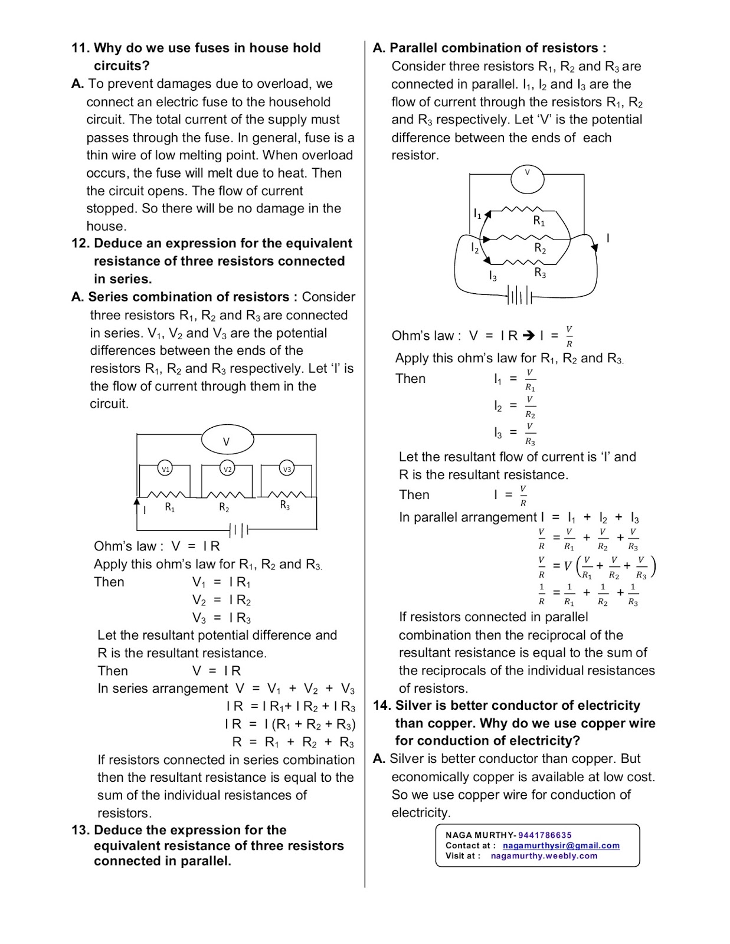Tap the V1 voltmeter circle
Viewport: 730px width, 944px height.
pos(166,469)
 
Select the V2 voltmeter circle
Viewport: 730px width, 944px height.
pos(228,469)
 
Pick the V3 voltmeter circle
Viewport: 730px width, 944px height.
pos(287,469)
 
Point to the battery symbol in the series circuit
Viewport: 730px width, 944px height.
pos(239,530)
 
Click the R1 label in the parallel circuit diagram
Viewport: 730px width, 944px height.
pos(539,221)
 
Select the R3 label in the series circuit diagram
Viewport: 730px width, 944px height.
pos(285,506)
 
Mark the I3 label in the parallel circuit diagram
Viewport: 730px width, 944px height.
pos(493,276)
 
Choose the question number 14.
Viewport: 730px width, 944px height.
pos(382,706)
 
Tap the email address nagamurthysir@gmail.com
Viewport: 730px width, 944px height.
pos(561,845)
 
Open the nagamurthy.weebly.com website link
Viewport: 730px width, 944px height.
pos(544,855)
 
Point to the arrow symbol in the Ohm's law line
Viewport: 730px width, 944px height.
pos(529,336)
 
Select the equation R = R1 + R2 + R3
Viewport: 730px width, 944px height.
pos(293,742)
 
